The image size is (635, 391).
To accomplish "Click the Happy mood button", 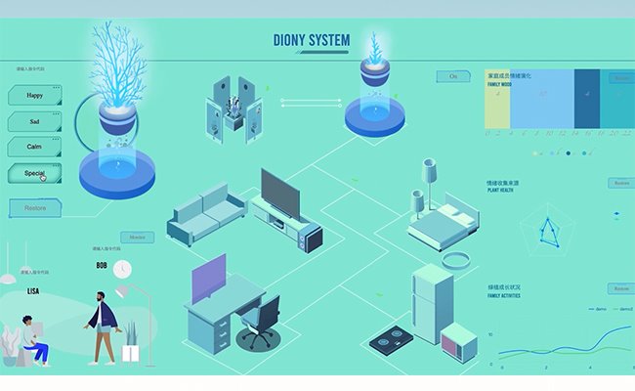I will [x=35, y=96].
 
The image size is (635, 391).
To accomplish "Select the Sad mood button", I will [x=35, y=121].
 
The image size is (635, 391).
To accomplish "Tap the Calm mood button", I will [x=35, y=147].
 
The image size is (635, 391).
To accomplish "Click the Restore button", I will [x=35, y=207].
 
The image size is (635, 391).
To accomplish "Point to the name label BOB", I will [x=102, y=265].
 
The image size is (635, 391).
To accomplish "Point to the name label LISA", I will [x=33, y=290].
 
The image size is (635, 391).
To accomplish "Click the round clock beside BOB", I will [x=121, y=268].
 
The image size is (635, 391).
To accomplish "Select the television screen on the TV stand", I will [x=282, y=195].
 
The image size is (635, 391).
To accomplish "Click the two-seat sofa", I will [x=207, y=215].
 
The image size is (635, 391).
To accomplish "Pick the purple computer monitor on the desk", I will [x=207, y=278].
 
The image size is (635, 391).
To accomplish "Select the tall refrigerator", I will [x=431, y=302].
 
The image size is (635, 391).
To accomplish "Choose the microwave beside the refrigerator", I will [x=458, y=343].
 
